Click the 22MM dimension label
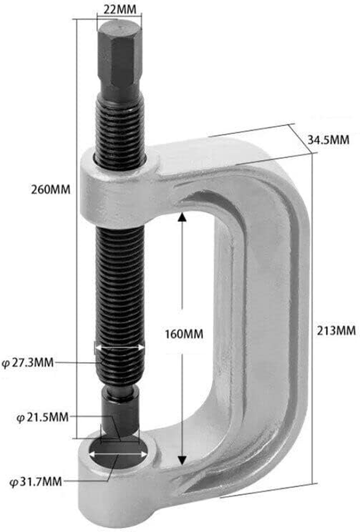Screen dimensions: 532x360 point(119,9)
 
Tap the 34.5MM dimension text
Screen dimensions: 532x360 point(328,140)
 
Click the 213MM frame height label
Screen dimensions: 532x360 point(336,331)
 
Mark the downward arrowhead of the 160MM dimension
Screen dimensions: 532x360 point(182,460)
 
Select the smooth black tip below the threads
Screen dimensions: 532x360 point(119,414)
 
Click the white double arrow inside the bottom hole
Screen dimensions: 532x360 point(118,454)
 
